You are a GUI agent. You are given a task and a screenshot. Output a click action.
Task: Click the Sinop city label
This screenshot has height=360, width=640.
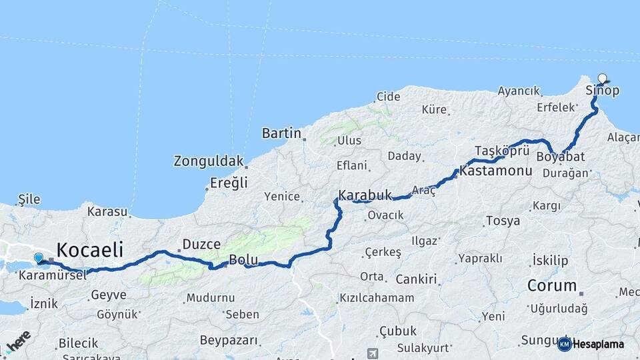(x=602, y=91)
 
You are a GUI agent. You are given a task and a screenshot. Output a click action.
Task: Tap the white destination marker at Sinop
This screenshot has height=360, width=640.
(x=603, y=79)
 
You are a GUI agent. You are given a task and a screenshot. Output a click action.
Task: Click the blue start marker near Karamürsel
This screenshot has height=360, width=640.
(x=39, y=258)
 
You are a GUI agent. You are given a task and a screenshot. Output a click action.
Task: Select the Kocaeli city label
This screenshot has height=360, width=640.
(x=90, y=251)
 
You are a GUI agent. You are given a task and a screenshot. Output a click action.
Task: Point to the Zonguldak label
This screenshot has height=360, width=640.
(x=207, y=161)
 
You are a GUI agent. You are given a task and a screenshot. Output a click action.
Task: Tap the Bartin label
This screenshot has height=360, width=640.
(x=281, y=133)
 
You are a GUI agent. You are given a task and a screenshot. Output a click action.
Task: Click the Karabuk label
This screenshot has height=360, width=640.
(x=365, y=195)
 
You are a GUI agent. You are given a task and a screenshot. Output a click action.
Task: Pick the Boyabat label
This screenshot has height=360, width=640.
(x=560, y=157)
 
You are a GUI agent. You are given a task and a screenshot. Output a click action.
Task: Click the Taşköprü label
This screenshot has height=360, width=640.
(x=502, y=149)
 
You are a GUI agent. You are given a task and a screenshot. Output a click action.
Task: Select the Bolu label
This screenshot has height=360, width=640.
(x=243, y=260)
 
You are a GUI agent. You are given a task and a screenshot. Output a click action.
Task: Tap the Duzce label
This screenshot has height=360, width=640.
(x=201, y=245)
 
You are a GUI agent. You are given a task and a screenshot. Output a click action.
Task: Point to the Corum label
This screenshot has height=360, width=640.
(x=552, y=285)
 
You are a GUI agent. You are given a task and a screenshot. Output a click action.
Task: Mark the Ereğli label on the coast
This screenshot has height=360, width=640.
(x=229, y=183)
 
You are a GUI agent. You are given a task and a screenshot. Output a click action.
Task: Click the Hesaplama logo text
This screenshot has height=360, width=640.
(x=598, y=344)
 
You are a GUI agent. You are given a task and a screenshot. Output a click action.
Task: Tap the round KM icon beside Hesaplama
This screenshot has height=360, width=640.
(x=564, y=344)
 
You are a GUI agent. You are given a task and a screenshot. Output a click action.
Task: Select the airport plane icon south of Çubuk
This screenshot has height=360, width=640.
(x=372, y=353)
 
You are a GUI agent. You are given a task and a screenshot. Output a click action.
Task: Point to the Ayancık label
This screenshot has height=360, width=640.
(x=518, y=91)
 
